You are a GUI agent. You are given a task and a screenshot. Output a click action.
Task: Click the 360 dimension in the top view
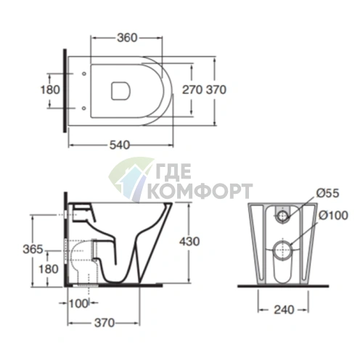pyautogui.click(x=127, y=38)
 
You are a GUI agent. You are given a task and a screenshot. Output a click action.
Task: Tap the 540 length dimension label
pyautogui.click(x=120, y=145)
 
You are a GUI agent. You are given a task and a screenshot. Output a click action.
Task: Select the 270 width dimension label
pyautogui.click(x=192, y=90)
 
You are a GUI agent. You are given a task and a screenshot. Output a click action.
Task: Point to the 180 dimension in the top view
pyautogui.click(x=50, y=90)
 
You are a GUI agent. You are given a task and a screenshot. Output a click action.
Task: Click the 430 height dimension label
pyautogui.click(x=189, y=241)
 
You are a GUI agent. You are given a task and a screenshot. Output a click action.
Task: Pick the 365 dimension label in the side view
pyautogui.click(x=33, y=249)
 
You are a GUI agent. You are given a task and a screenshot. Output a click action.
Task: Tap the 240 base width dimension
pyautogui.click(x=284, y=310)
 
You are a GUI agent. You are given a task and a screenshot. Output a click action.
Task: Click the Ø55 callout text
pyautogui.click(x=328, y=193)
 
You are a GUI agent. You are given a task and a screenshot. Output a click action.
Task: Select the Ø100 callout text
pyautogui.click(x=333, y=216)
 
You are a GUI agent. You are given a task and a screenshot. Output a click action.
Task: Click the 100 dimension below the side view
pyautogui.click(x=78, y=303)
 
